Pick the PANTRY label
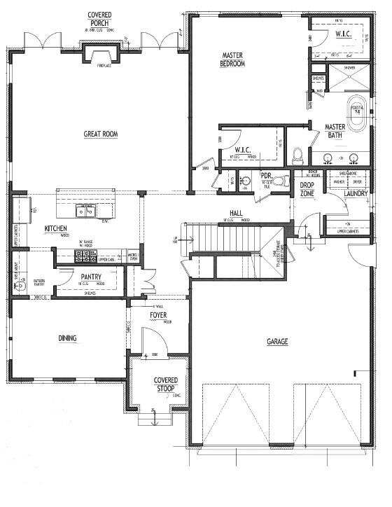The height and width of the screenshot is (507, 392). tap(91, 277)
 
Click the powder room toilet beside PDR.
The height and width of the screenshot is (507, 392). tap(280, 181)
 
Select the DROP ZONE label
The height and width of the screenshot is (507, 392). tap(306, 190)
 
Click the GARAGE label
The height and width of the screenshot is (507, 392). tap(277, 342)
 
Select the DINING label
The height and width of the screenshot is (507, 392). tap(67, 339)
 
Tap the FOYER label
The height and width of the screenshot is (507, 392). tap(158, 315)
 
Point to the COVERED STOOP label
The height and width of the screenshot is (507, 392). tap(166, 384)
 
